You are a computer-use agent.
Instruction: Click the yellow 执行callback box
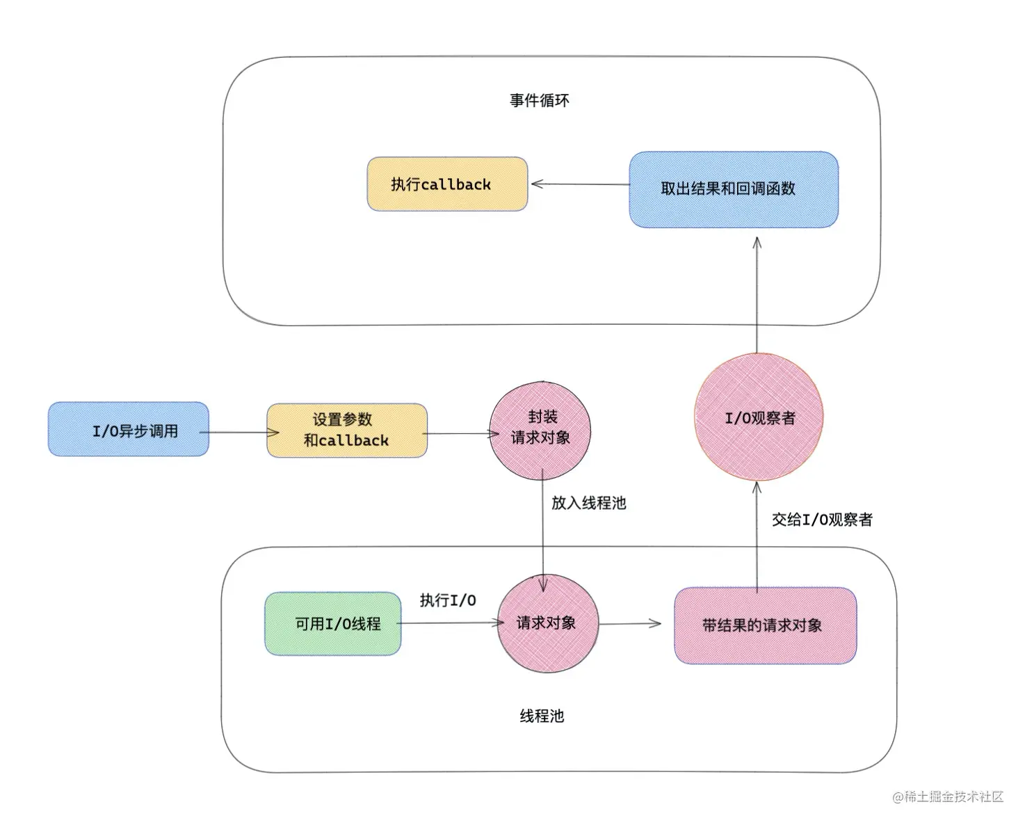pyautogui.click(x=447, y=184)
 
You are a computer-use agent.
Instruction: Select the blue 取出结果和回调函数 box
pyautogui.click(x=733, y=189)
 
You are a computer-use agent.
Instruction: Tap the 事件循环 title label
pyautogui.click(x=539, y=101)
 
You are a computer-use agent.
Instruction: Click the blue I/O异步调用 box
pyautogui.click(x=128, y=430)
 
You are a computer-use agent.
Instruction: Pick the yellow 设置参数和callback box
pyautogui.click(x=346, y=431)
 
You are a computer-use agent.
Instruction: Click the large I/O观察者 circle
pyautogui.click(x=759, y=417)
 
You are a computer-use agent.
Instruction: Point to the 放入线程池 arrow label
pyautogui.click(x=588, y=503)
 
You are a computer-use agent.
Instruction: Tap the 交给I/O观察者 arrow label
pyautogui.click(x=821, y=520)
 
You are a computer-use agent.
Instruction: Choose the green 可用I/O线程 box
pyautogui.click(x=333, y=624)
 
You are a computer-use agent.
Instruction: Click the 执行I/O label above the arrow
pyautogui.click(x=448, y=600)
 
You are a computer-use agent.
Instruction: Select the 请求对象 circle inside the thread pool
pyautogui.click(x=547, y=623)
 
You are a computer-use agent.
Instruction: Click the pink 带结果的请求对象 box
pyautogui.click(x=765, y=625)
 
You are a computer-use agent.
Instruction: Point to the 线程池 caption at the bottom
pyautogui.click(x=542, y=716)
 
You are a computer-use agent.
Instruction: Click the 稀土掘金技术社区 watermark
pyautogui.click(x=949, y=796)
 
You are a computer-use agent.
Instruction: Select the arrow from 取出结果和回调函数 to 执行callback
pyautogui.click(x=579, y=184)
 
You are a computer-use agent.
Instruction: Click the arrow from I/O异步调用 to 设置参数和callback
pyautogui.click(x=238, y=433)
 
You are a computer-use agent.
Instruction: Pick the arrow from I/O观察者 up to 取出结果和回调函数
pyautogui.click(x=757, y=295)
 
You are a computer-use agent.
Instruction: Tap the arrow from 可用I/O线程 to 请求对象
pyautogui.click(x=449, y=623)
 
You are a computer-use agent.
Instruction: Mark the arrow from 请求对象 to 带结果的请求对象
pyautogui.click(x=629, y=623)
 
